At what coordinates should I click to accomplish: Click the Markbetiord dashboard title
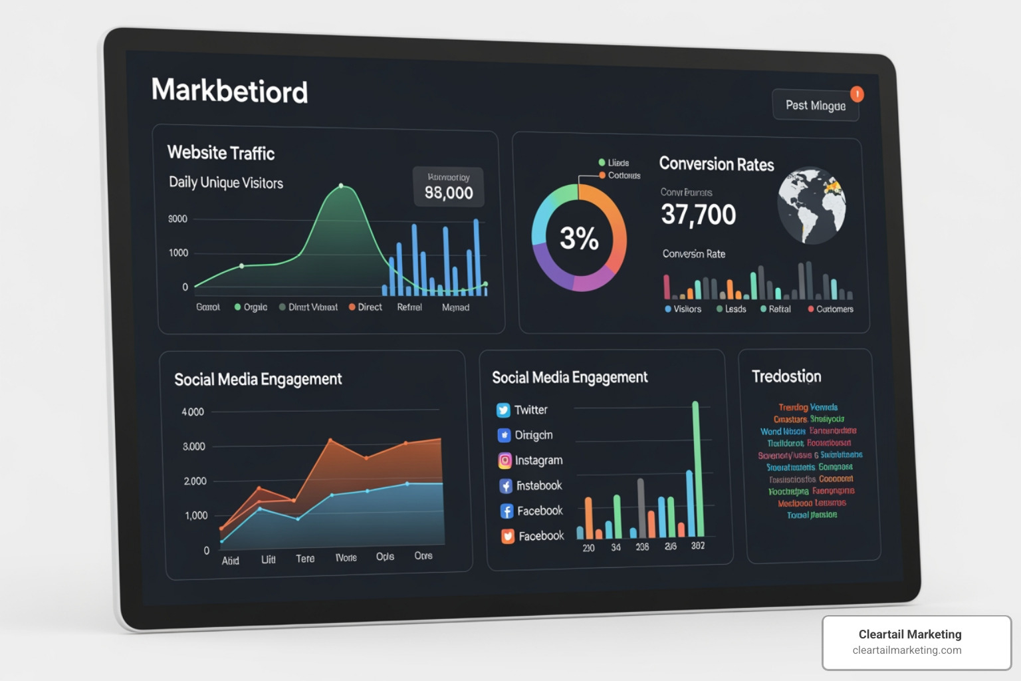coord(229,90)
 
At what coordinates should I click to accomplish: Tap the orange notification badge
coord(857,94)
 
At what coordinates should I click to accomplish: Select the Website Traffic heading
coord(221,153)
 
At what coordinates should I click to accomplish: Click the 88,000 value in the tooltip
coord(449,193)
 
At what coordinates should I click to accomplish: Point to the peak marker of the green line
coord(341,186)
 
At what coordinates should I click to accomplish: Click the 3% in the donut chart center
coord(579,238)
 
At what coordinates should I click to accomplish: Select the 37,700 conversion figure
coord(698,215)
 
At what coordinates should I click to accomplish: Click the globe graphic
coord(812,205)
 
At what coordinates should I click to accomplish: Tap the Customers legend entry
coord(830,309)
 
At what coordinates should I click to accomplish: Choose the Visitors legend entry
coord(683,309)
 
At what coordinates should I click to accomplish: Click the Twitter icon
coord(503,410)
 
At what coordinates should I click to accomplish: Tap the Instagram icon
coord(505,460)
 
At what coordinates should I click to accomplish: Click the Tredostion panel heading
coord(786,376)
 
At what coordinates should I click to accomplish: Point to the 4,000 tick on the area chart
coord(193,412)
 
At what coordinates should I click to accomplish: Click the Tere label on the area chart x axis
coord(305,559)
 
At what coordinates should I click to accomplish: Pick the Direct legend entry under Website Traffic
coord(366,307)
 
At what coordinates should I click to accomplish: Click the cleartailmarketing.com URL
coord(907,650)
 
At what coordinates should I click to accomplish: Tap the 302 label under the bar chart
coord(697,546)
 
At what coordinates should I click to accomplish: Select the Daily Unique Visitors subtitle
coord(226,183)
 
